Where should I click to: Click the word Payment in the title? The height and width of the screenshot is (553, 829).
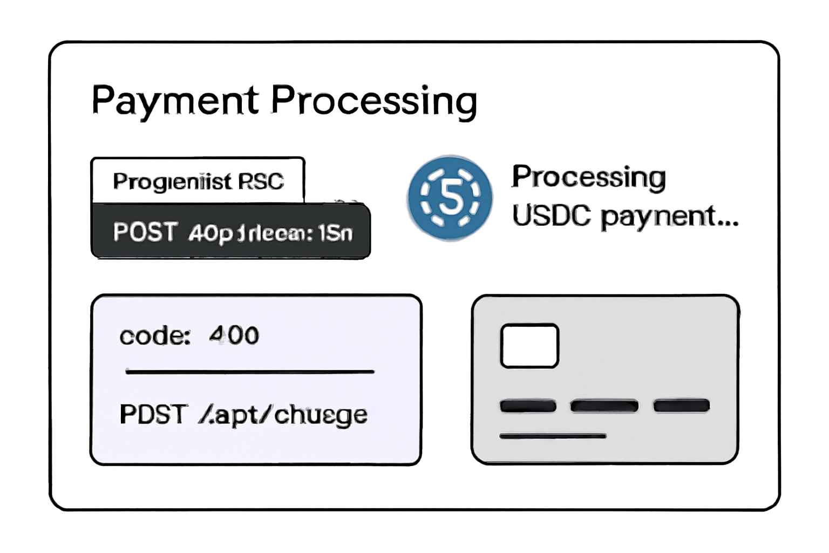[x=175, y=101]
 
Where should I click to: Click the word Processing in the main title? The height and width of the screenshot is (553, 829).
[x=373, y=101]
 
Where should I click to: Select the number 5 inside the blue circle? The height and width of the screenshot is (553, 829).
[x=451, y=197]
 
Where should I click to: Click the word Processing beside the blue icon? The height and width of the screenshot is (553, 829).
[x=588, y=177]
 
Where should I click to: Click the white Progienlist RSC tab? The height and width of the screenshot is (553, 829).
[x=198, y=181]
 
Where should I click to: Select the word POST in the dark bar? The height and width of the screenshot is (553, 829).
[x=145, y=232]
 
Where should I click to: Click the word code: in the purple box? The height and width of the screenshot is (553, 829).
[x=155, y=336]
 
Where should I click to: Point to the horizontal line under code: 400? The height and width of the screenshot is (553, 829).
[x=249, y=372]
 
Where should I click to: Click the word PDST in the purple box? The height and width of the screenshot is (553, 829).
[x=153, y=415]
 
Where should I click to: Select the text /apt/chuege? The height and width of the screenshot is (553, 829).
[x=283, y=415]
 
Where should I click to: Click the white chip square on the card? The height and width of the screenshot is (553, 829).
[x=529, y=346]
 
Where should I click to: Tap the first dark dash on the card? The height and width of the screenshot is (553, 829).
[x=528, y=406]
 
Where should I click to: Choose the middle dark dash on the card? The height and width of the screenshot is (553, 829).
[x=604, y=406]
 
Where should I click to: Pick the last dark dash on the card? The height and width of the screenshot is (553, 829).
[x=681, y=406]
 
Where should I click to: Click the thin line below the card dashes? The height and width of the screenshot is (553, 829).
[x=553, y=436]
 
